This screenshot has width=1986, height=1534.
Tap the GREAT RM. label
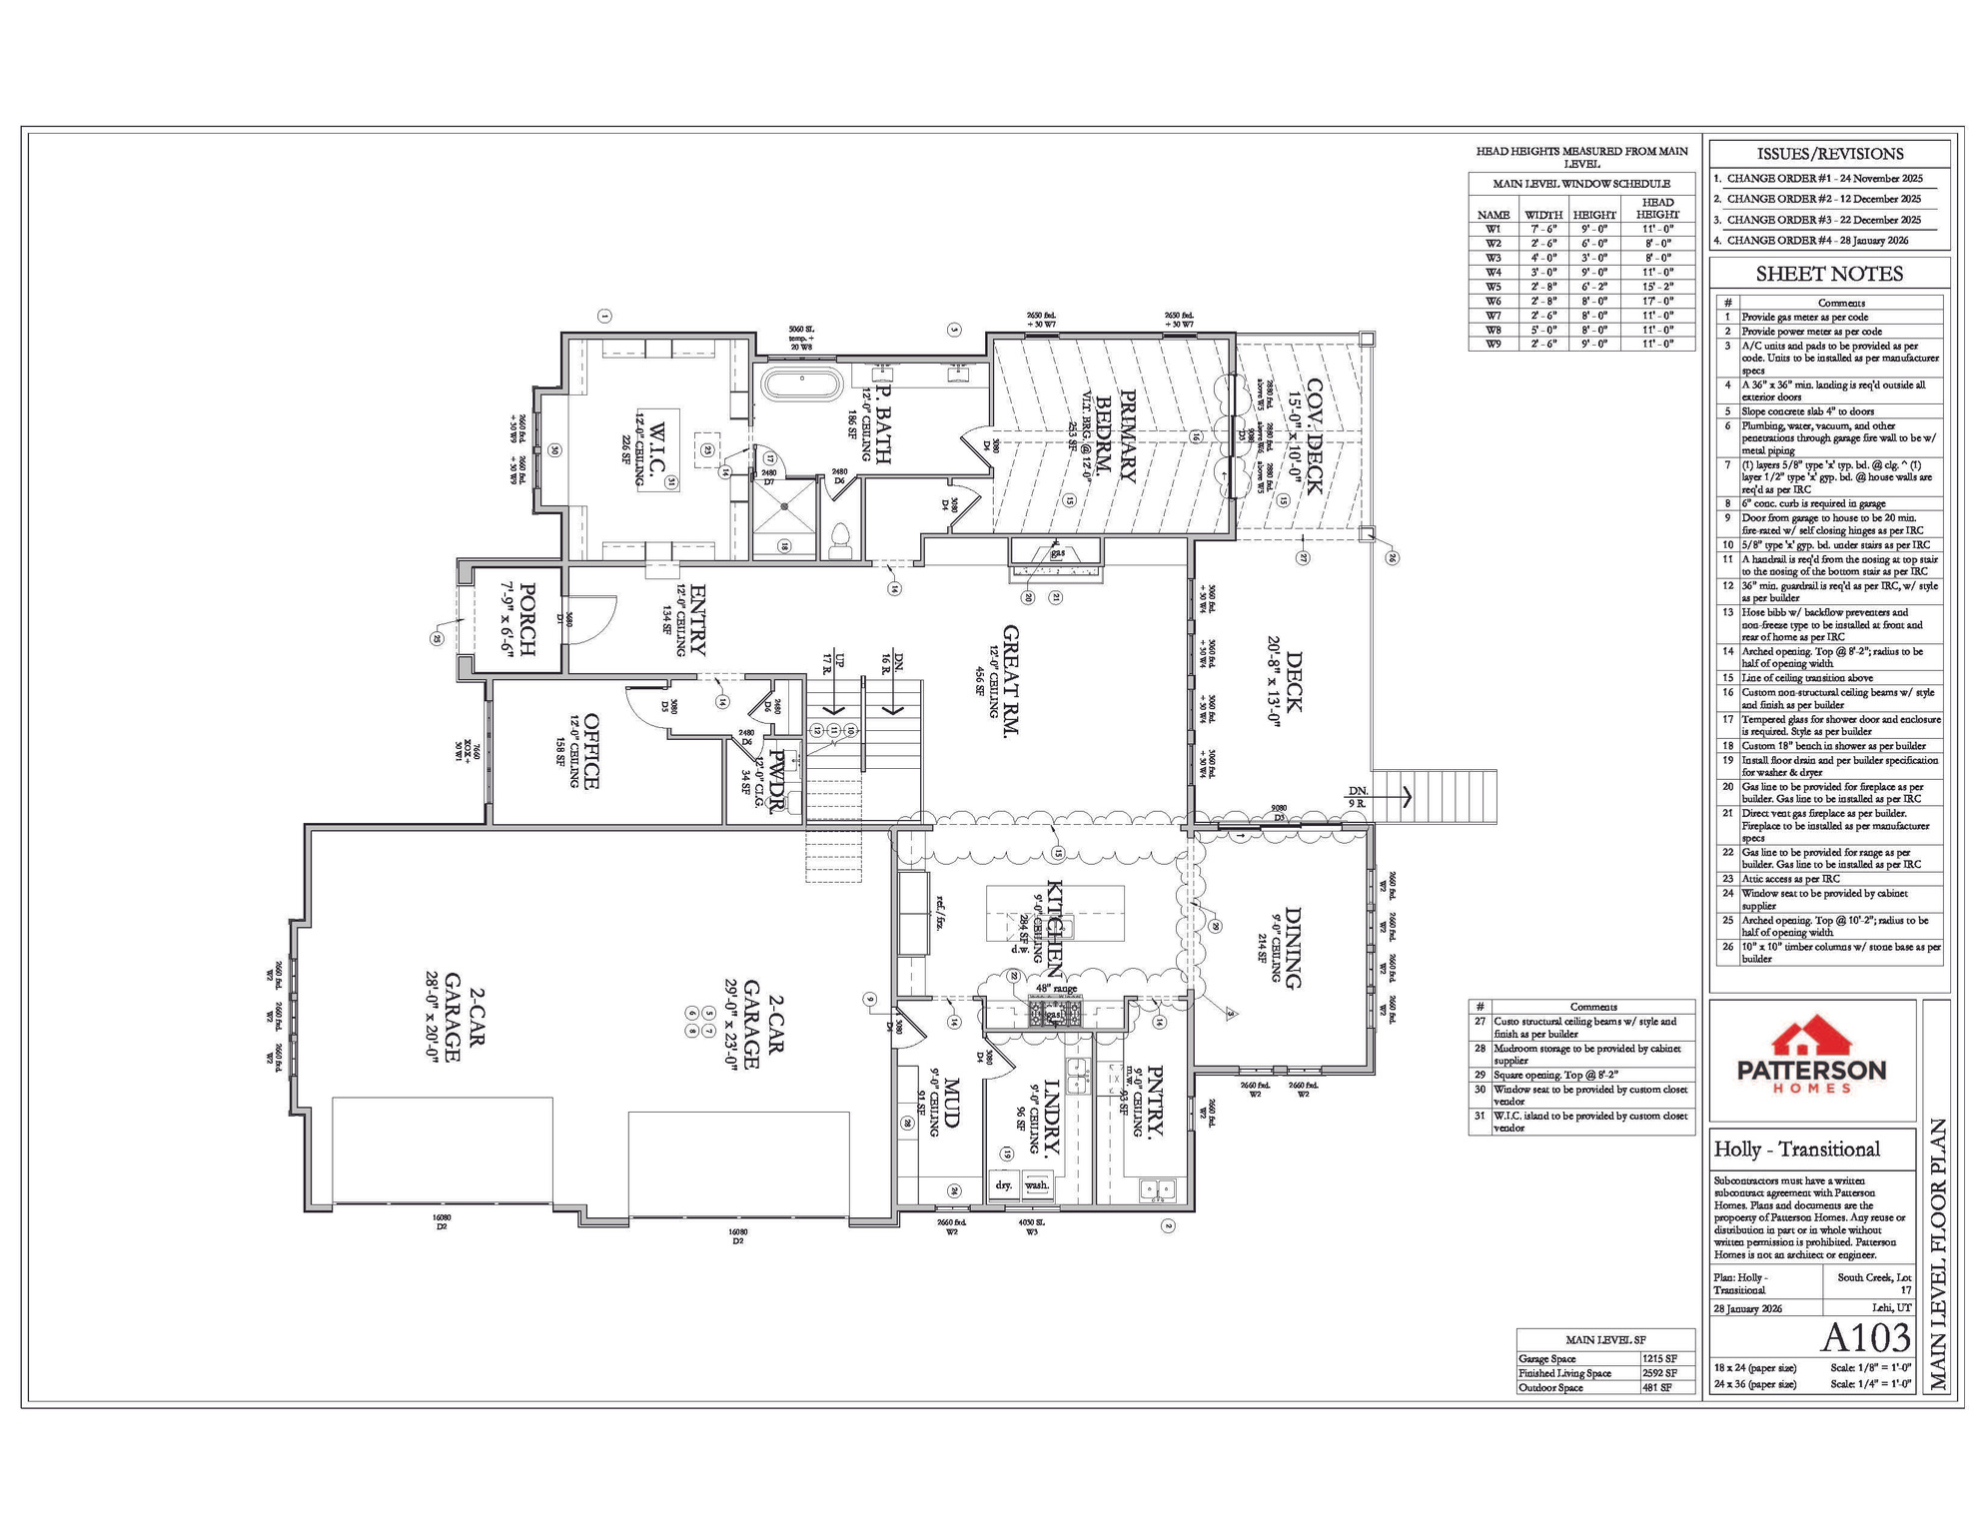[x=1010, y=681]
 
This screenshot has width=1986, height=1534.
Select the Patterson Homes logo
[x=1811, y=1057]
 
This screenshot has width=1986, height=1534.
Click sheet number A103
[x=1865, y=1337]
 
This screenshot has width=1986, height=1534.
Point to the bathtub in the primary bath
[x=801, y=385]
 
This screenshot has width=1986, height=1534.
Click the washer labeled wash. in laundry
[x=1037, y=1184]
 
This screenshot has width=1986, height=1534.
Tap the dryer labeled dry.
[x=1004, y=1184]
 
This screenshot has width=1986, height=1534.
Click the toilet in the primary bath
[x=839, y=539]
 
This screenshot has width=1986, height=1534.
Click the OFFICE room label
[x=590, y=751]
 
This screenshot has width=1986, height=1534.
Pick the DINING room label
[x=1293, y=948]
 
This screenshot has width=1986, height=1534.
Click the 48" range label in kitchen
[x=1056, y=989]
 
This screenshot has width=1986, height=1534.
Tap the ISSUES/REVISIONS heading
[x=1829, y=154]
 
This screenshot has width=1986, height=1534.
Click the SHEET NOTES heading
[x=1829, y=274]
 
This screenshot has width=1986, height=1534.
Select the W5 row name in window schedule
[x=1492, y=287]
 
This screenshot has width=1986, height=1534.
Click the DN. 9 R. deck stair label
[x=1357, y=796]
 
